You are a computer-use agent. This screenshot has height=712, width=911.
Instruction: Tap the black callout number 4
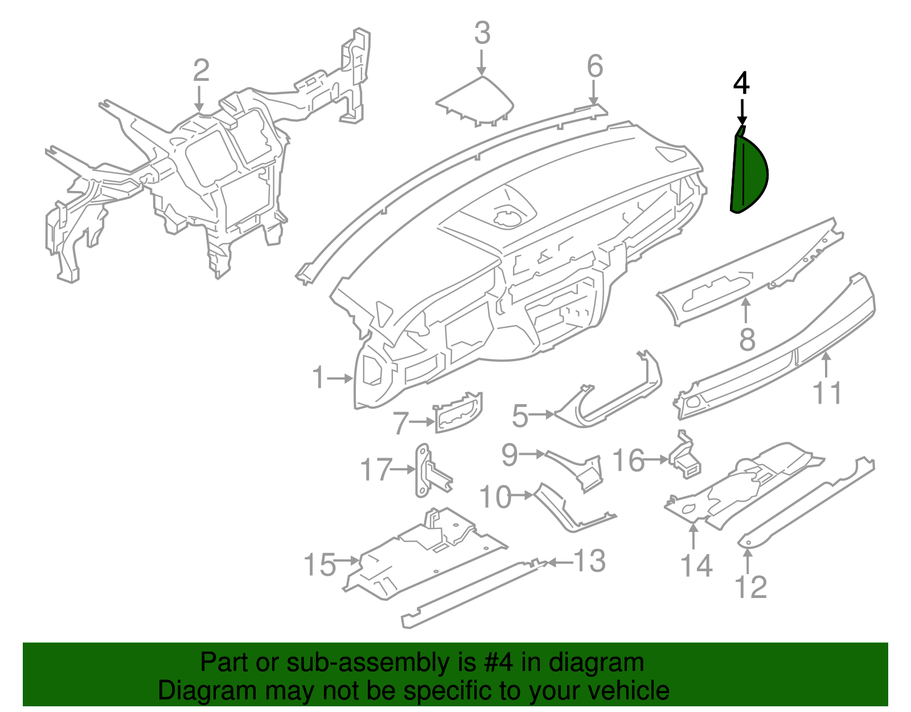coord(741,83)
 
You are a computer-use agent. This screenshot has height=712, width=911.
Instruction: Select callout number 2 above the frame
coord(200,71)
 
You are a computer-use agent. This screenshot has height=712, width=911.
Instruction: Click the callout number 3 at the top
coord(482,33)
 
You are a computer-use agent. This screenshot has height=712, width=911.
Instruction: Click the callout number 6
coord(594,67)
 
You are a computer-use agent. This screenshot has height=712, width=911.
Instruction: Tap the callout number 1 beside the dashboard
coord(318,378)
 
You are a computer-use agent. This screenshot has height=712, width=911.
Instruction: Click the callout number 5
coord(520,416)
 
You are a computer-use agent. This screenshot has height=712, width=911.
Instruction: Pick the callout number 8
coord(747,340)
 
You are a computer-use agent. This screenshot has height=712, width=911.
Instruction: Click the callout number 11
coord(827,393)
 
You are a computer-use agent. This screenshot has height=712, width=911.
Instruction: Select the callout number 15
coord(320,565)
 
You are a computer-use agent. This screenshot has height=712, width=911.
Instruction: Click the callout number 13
coord(589,561)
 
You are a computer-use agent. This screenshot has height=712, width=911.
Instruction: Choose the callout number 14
coord(696,565)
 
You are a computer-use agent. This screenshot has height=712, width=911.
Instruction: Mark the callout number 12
coord(751,587)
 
